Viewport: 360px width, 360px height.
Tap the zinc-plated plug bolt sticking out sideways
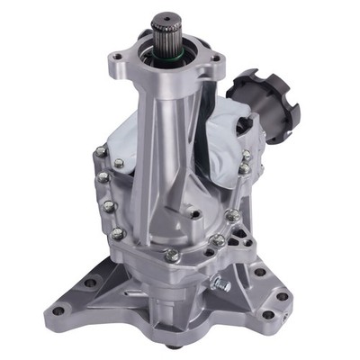[x=220, y=285]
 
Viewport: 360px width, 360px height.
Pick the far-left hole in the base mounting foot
[x=58, y=310]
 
